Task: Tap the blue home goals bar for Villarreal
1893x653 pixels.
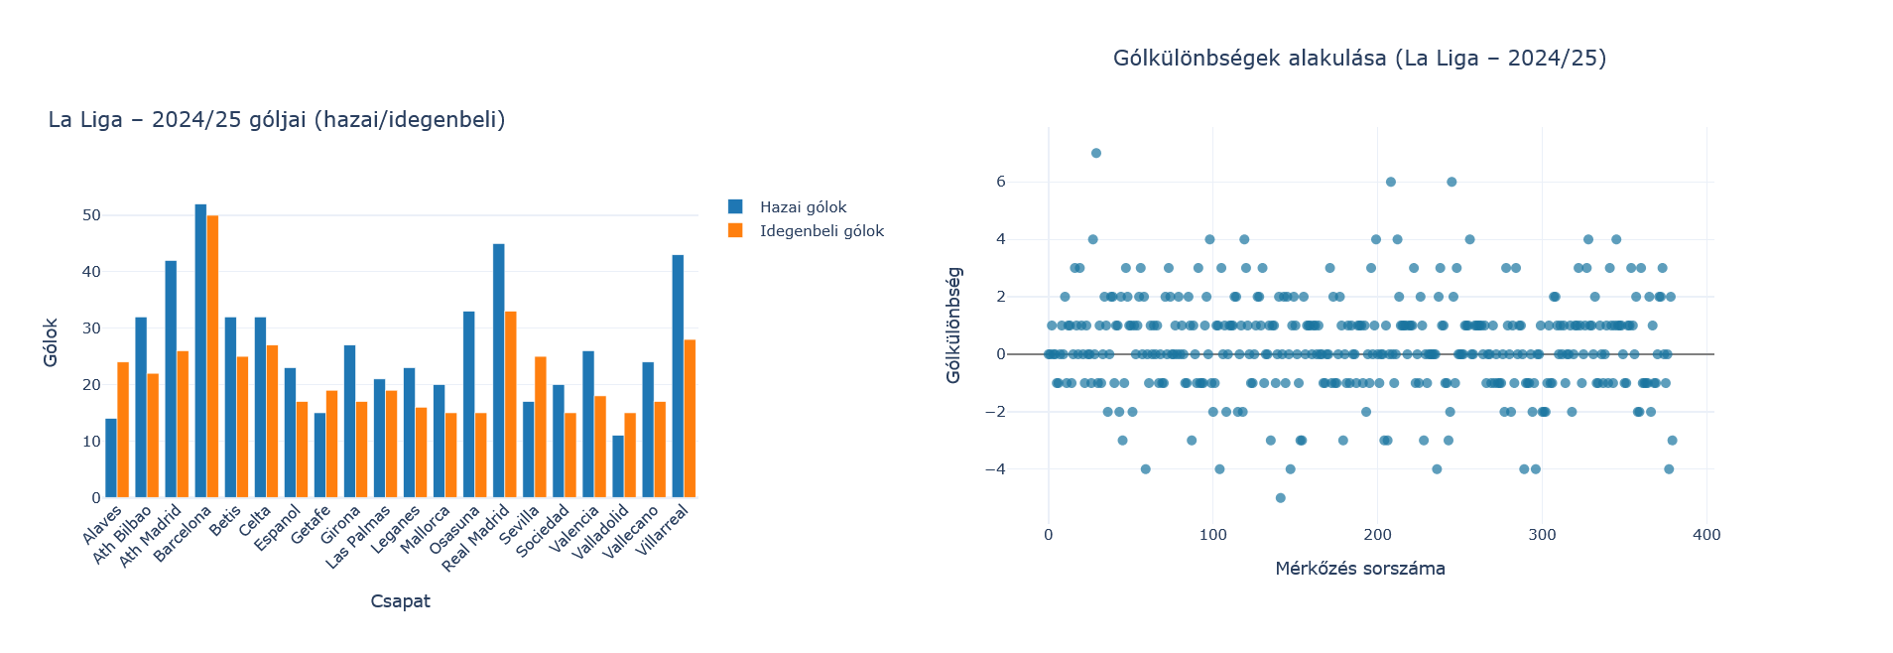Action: (x=678, y=376)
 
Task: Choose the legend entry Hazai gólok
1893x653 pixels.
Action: (x=803, y=207)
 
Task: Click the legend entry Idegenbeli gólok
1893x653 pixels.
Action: (x=821, y=231)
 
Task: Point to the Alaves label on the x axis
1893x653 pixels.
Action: (x=103, y=525)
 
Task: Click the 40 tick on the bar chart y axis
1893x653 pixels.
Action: (x=91, y=272)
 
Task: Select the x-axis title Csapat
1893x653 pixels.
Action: (x=400, y=601)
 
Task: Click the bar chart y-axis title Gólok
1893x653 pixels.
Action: (x=51, y=342)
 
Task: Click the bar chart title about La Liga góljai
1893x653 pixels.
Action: (x=277, y=120)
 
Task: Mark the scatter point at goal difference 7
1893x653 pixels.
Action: (x=1096, y=153)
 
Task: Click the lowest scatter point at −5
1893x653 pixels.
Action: (x=1280, y=498)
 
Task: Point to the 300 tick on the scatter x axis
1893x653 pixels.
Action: (x=1542, y=535)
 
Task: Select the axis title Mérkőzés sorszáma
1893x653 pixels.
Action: (x=1359, y=569)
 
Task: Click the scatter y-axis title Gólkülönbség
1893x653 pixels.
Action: (x=953, y=325)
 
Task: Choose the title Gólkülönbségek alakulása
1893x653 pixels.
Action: (x=1359, y=59)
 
